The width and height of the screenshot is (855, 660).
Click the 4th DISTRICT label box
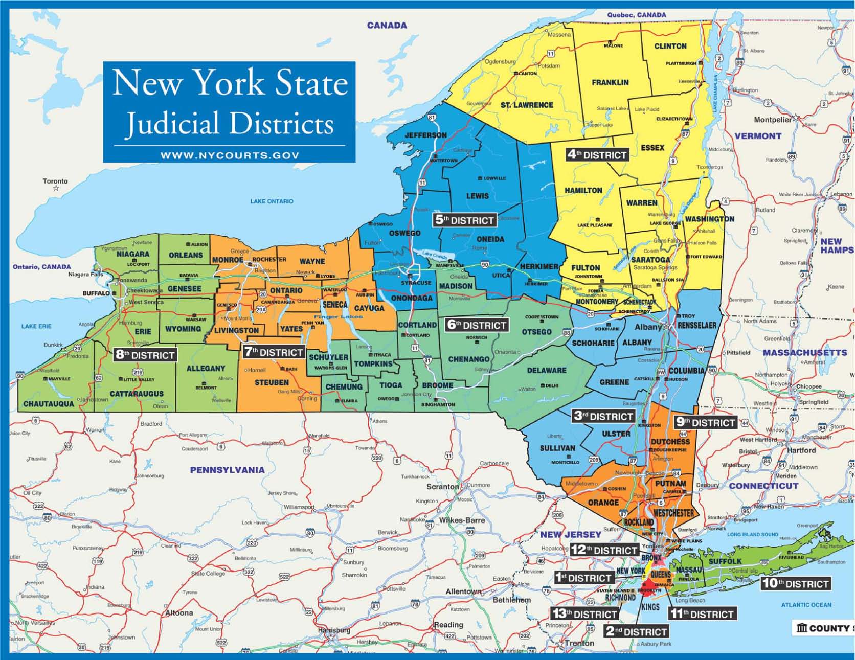click(597, 154)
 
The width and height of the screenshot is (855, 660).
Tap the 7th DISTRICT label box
click(274, 352)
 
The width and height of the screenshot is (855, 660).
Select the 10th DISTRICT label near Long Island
click(795, 583)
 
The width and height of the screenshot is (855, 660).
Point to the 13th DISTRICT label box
click(584, 614)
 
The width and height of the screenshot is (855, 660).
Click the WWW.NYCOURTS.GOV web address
click(230, 155)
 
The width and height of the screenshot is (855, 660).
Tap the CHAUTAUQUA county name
click(49, 404)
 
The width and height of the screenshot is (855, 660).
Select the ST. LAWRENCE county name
click(526, 105)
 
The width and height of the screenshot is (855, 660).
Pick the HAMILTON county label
click(583, 190)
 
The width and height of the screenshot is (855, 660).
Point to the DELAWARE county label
click(547, 370)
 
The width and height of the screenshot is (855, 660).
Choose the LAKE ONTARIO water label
click(272, 201)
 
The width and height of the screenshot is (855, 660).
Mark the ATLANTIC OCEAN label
click(806, 605)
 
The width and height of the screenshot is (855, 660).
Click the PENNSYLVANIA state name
click(227, 470)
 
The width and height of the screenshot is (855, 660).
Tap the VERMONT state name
click(758, 136)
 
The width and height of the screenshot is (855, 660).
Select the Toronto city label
click(55, 181)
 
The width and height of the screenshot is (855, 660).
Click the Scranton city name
click(442, 487)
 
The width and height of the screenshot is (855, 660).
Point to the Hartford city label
click(801, 450)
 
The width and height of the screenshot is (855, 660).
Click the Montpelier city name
click(772, 120)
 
